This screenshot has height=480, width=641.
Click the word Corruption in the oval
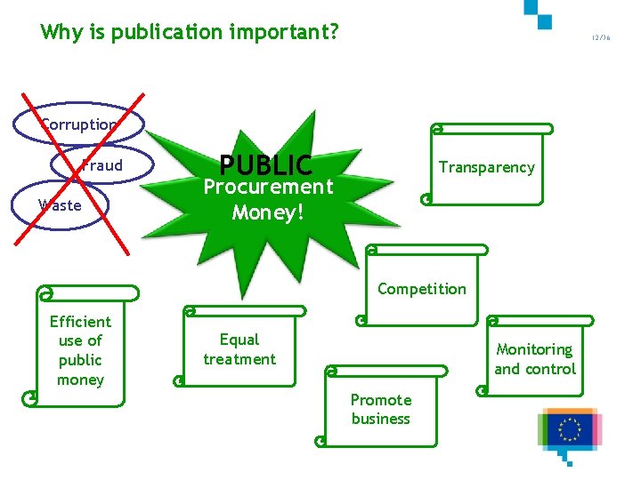pos(79,125)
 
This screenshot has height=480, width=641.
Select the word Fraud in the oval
pos(101,165)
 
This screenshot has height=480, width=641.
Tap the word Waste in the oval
pos(60,205)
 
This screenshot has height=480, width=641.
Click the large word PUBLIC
pos(265,165)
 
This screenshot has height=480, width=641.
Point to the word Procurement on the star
pos(268,187)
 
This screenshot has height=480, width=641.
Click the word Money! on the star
pos(268,212)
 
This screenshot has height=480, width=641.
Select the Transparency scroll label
pos(486,167)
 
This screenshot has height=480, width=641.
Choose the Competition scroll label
pos(421,289)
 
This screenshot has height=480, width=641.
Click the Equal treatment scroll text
pos(239,349)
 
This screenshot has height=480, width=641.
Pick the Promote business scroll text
pos(380,409)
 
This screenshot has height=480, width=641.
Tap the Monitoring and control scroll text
pos(535,359)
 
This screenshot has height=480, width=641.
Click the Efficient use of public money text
pos(80,350)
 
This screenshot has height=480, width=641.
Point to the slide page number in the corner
pos(601,38)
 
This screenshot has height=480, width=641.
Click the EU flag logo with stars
pos(569,429)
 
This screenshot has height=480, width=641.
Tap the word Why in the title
pos(61,33)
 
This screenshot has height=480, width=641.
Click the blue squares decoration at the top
pos(539,12)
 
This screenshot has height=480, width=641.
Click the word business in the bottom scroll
pos(380,419)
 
